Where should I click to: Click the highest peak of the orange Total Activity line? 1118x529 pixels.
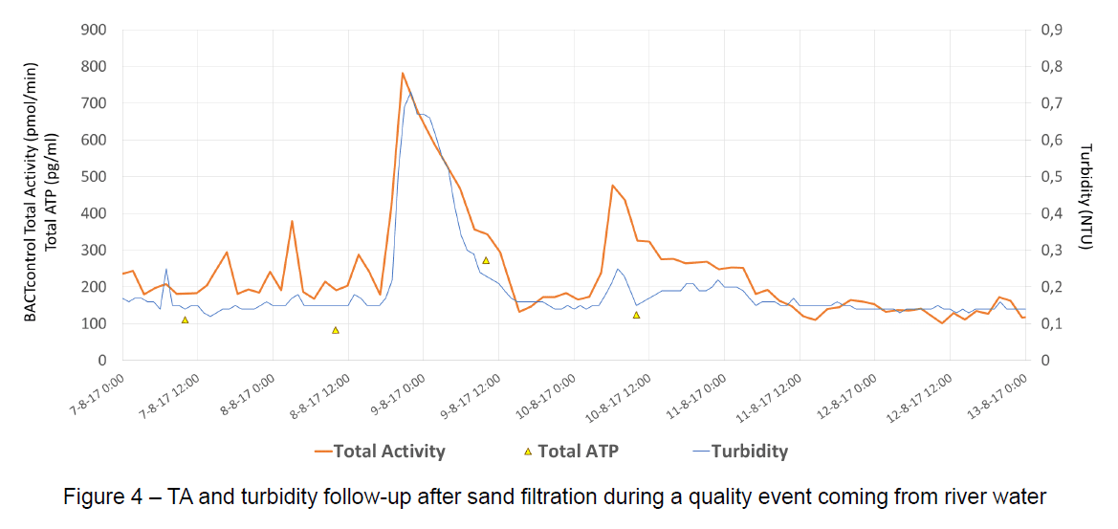click(x=403, y=74)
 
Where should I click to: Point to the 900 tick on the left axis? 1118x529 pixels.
click(x=94, y=30)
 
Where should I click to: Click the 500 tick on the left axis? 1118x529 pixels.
click(x=94, y=177)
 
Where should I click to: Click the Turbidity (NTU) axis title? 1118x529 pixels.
click(x=1085, y=196)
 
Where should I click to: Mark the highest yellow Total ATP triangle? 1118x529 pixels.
click(x=486, y=260)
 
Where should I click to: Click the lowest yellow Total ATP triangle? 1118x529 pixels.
click(x=336, y=330)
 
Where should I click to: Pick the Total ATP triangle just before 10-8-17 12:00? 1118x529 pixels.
click(x=636, y=315)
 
